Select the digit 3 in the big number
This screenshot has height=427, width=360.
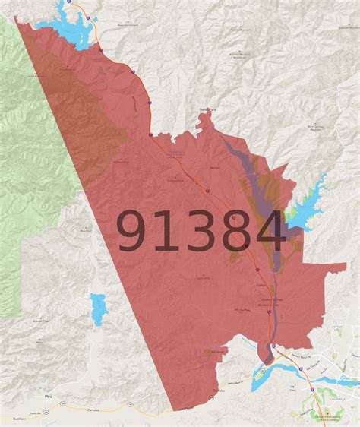pyautogui.click(x=199, y=230)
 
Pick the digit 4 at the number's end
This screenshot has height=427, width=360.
pyautogui.click(x=268, y=230)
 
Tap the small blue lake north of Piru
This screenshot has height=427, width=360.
pyautogui.click(x=98, y=308)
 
